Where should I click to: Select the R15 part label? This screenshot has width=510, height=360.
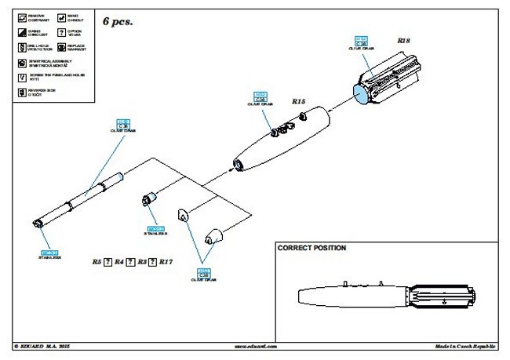pyautogui.click(x=299, y=101)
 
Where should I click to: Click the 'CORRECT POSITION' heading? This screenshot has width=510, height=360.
pyautogui.click(x=311, y=248)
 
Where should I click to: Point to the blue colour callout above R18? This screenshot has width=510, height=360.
pyautogui.click(x=362, y=42)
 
